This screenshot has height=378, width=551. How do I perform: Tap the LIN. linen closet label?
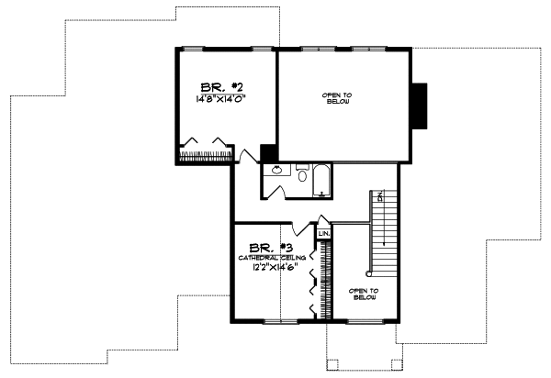324,235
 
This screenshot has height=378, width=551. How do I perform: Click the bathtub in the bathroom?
321,180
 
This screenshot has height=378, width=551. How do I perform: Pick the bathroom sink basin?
274,171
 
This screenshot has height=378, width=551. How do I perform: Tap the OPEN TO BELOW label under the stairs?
364,294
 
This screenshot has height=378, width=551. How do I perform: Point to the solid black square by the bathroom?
269,153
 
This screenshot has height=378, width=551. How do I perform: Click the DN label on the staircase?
378,196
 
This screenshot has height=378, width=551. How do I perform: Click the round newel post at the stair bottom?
369,272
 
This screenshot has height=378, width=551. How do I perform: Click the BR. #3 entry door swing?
300,226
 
